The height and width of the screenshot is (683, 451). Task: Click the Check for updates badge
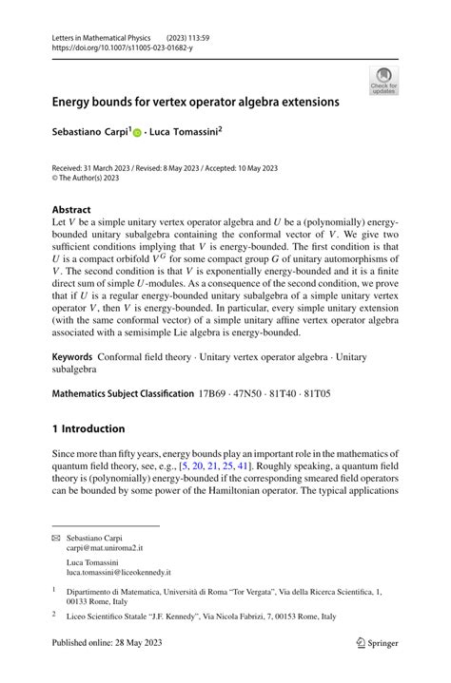383,81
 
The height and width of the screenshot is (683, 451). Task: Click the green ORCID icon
137,133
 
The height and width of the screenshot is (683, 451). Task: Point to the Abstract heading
71,209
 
